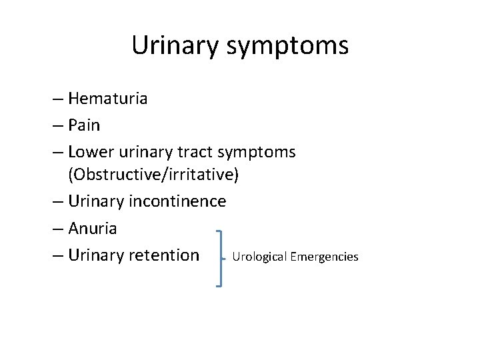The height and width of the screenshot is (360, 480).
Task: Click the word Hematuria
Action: click(x=108, y=99)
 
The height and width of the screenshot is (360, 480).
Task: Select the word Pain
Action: click(x=84, y=125)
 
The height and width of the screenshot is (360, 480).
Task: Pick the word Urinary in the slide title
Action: click(x=174, y=45)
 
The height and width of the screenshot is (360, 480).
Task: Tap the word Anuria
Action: click(x=93, y=229)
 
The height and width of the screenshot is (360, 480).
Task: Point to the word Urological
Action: click(x=259, y=257)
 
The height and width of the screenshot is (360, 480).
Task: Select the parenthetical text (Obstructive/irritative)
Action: click(x=153, y=175)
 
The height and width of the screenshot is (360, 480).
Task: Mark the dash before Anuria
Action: click(x=57, y=229)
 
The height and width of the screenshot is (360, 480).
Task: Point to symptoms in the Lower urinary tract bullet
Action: click(x=261, y=153)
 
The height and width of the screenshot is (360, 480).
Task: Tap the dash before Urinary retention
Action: click(x=57, y=255)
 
